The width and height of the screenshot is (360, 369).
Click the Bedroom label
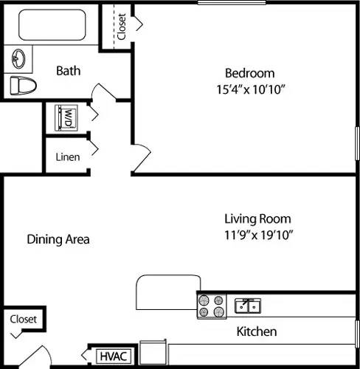point(249,73)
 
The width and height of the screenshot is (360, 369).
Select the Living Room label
point(257,218)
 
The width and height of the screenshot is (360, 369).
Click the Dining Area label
point(58,239)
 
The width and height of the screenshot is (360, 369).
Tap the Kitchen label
point(257,331)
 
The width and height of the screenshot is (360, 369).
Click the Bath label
point(69,71)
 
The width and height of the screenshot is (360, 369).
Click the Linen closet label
point(68,156)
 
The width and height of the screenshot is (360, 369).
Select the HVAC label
point(114,357)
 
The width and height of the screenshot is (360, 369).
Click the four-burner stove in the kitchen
point(212,306)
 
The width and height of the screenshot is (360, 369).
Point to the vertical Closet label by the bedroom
point(121,27)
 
